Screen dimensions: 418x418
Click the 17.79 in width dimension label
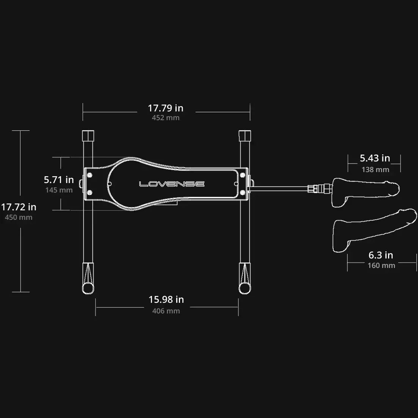[166, 108]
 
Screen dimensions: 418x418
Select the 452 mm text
[166, 118]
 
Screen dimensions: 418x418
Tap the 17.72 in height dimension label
[19, 207]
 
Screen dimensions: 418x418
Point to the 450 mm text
[19, 218]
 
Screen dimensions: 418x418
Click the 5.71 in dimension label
[59, 180]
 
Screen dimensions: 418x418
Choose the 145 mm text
[59, 190]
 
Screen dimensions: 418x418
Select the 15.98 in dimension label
[166, 300]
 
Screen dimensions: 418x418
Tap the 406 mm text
[166, 311]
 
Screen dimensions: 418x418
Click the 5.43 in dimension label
[375, 158]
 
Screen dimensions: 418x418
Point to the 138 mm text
[375, 169]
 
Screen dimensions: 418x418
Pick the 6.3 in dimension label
[381, 255]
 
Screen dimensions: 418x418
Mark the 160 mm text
[381, 266]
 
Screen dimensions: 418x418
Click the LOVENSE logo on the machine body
[172, 184]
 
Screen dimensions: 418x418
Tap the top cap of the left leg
[88, 135]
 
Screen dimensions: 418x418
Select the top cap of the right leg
[245, 135]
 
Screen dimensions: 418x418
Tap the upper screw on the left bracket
[90, 175]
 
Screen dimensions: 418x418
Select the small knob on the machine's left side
[81, 184]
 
